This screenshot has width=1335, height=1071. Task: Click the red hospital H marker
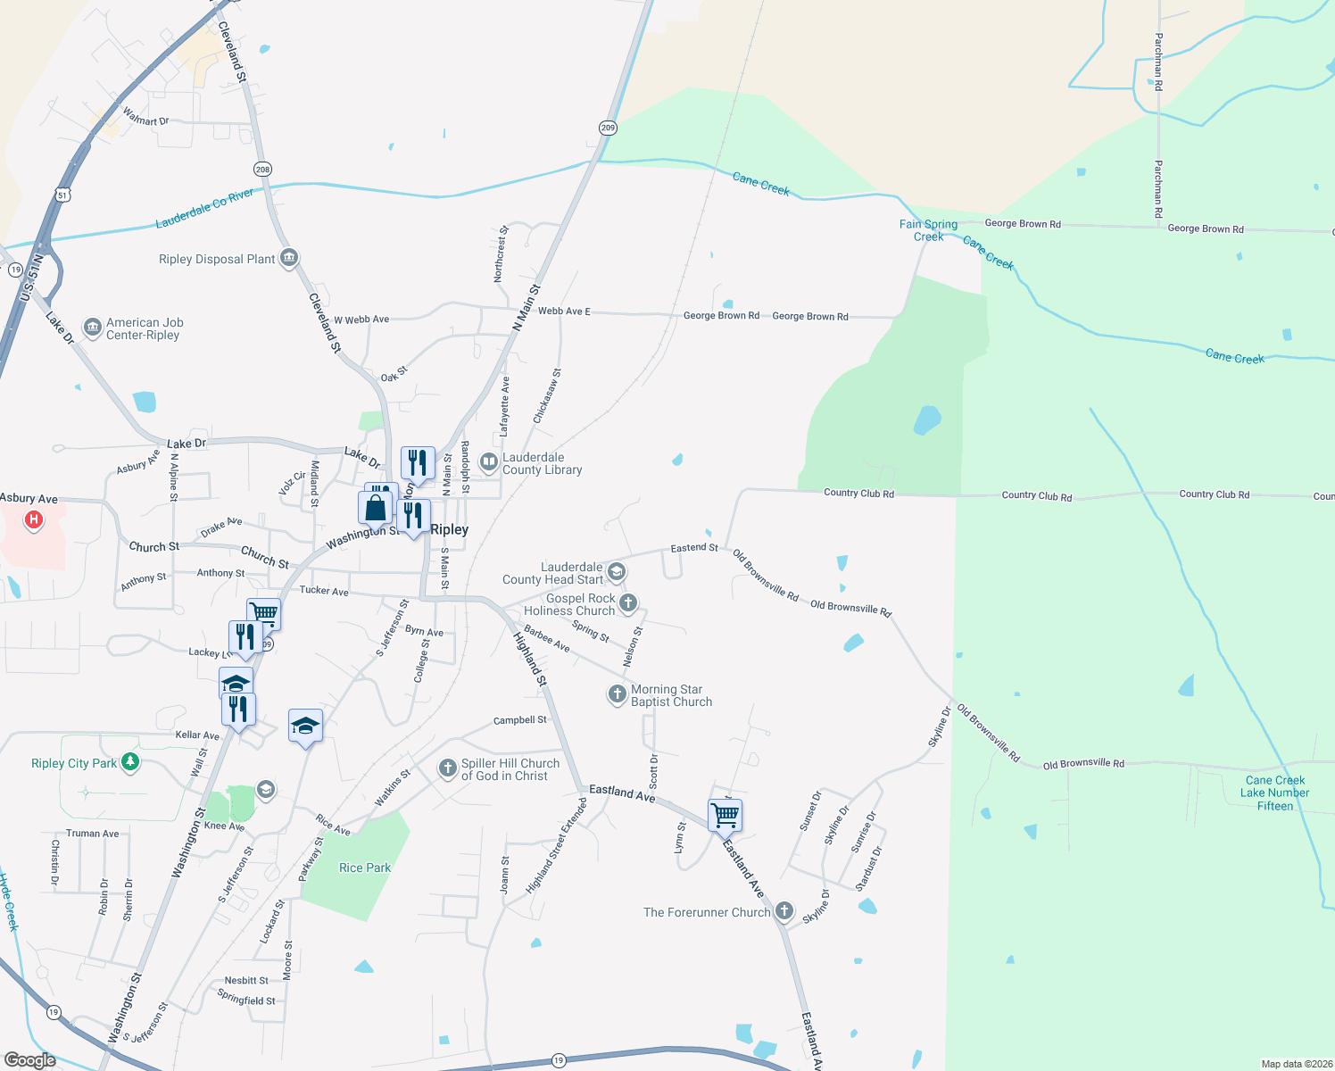tap(34, 519)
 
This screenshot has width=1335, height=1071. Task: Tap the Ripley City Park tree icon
tap(131, 762)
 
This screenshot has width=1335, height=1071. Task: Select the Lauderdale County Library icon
tap(488, 462)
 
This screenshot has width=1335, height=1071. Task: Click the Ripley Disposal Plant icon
tap(289, 259)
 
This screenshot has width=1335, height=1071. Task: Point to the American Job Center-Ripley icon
tap(93, 328)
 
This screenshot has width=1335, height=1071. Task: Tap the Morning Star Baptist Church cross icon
tap(617, 694)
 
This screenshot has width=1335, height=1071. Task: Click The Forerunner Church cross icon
tap(784, 911)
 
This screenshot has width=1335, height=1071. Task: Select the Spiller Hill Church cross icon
tap(448, 768)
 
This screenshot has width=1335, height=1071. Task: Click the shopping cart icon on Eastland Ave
tap(725, 814)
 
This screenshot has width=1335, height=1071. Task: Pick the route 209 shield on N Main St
tap(608, 128)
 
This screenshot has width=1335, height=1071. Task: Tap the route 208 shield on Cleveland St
tap(262, 170)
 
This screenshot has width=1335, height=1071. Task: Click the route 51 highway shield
tap(62, 195)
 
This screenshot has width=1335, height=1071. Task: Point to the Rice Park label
tap(365, 868)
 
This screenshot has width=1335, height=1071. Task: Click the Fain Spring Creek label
tap(928, 230)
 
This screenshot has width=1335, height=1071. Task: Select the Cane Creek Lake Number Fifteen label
tap(1274, 793)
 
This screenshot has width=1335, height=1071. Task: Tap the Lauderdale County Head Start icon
tap(617, 572)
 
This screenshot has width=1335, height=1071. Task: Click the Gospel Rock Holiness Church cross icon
tap(628, 603)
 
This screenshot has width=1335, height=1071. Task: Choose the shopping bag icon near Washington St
tap(376, 508)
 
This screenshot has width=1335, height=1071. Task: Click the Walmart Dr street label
tap(145, 116)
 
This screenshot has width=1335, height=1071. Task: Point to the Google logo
tap(30, 1060)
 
